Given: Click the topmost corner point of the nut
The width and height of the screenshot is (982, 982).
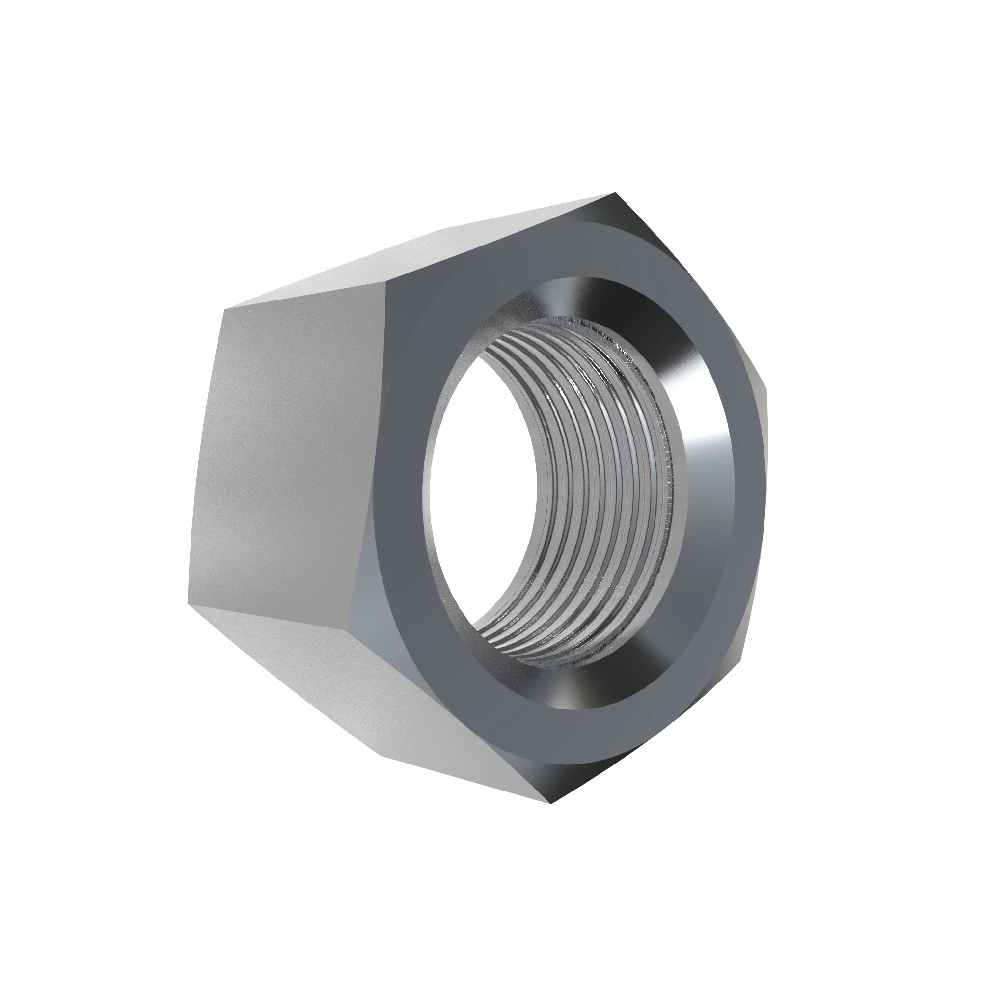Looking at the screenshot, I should click(615, 193).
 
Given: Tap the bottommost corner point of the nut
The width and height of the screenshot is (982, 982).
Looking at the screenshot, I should click(551, 804).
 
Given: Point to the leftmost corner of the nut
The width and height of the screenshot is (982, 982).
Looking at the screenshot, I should click(188, 604).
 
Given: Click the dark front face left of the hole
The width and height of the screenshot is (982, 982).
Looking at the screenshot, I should click(402, 483).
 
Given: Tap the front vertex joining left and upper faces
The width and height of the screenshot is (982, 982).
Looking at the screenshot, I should click(386, 280).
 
